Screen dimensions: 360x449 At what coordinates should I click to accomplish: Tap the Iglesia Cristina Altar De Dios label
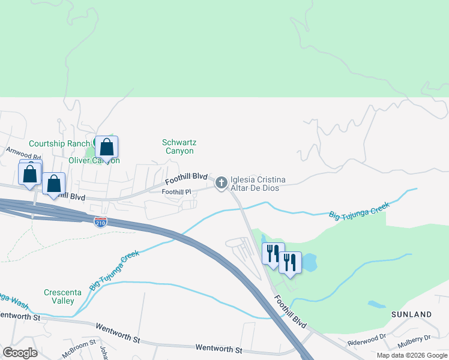[x=258, y=184]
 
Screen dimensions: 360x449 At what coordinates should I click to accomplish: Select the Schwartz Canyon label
[x=179, y=146]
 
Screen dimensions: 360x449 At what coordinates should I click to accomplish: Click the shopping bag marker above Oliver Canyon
[x=106, y=147]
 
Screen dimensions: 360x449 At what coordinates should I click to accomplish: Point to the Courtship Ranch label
[x=58, y=143]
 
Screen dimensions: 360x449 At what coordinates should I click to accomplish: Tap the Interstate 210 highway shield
[x=100, y=223]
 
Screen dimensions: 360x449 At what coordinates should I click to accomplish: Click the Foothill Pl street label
[x=176, y=192]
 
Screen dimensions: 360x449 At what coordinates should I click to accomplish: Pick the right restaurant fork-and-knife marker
[x=290, y=262]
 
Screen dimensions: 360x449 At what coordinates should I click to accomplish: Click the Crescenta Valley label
[x=59, y=296]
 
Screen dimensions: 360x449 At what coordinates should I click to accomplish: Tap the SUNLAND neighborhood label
[x=412, y=314]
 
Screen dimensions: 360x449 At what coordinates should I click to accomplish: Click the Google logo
[x=19, y=352]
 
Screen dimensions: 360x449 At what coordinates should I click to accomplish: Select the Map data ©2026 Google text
[x=411, y=355]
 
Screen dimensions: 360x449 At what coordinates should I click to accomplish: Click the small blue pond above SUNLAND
[x=377, y=304]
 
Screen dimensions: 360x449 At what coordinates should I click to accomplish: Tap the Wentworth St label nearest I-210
[x=218, y=349]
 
